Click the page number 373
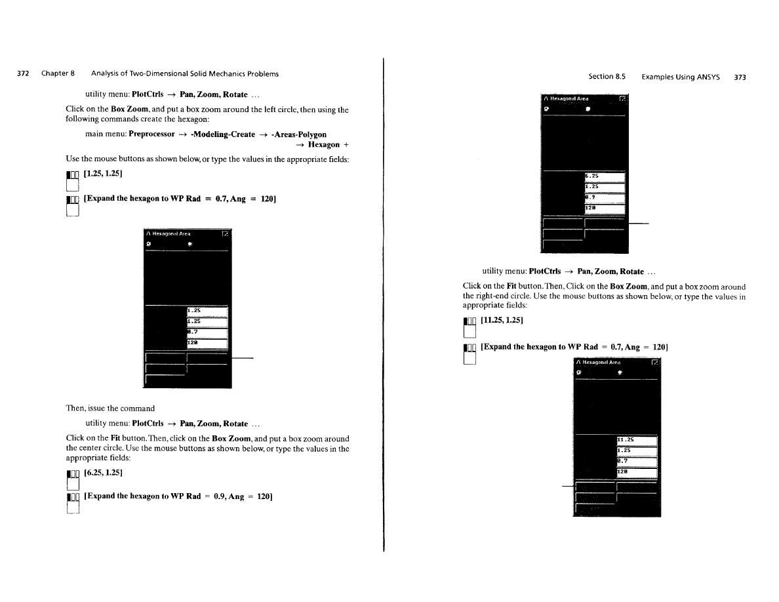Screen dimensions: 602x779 740,77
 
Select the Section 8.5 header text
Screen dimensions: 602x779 607,77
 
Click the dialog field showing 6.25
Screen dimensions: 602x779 604,176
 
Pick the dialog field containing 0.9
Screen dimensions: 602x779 604,198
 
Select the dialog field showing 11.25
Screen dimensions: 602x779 637,440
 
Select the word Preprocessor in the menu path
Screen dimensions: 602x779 151,134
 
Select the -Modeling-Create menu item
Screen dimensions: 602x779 222,134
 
